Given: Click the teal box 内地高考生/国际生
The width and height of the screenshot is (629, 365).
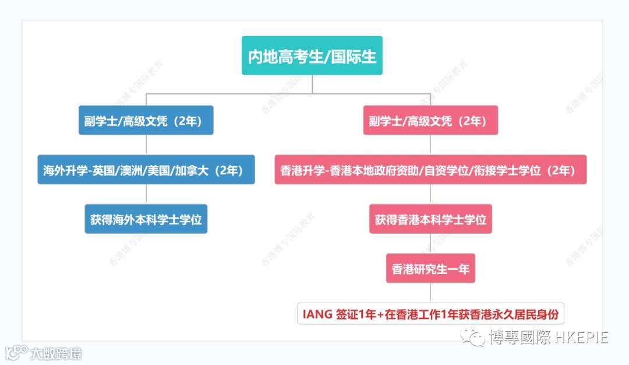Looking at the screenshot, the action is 312,56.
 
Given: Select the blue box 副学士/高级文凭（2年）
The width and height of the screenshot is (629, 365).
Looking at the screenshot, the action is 146,121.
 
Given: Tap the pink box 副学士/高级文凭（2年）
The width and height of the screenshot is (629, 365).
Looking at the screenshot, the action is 430,121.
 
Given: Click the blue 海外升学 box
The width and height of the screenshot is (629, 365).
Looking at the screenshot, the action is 146,170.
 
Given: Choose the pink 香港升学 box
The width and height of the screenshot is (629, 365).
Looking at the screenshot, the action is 430,170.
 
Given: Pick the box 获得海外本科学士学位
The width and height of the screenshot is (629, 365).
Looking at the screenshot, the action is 146,219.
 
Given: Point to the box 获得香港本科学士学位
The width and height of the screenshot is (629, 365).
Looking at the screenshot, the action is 430,219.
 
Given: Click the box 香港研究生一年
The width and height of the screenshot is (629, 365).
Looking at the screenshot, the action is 430,269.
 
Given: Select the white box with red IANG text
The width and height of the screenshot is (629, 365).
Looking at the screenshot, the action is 430,314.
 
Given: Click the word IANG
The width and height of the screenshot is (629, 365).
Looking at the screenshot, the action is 318,314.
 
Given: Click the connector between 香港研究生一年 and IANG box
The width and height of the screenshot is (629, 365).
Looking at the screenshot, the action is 430,293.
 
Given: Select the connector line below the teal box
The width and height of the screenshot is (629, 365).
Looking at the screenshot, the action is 312,84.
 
